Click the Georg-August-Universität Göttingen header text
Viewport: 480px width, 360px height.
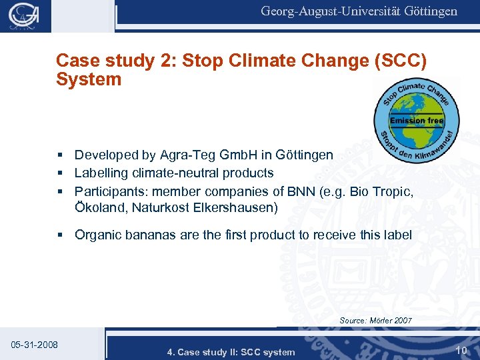click(359, 11)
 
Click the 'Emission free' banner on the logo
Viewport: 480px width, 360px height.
click(417, 121)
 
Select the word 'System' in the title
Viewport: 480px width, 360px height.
click(89, 80)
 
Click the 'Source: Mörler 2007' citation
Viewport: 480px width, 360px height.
click(375, 321)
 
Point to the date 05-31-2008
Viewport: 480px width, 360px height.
click(35, 345)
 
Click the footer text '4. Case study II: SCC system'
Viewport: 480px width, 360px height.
click(231, 352)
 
